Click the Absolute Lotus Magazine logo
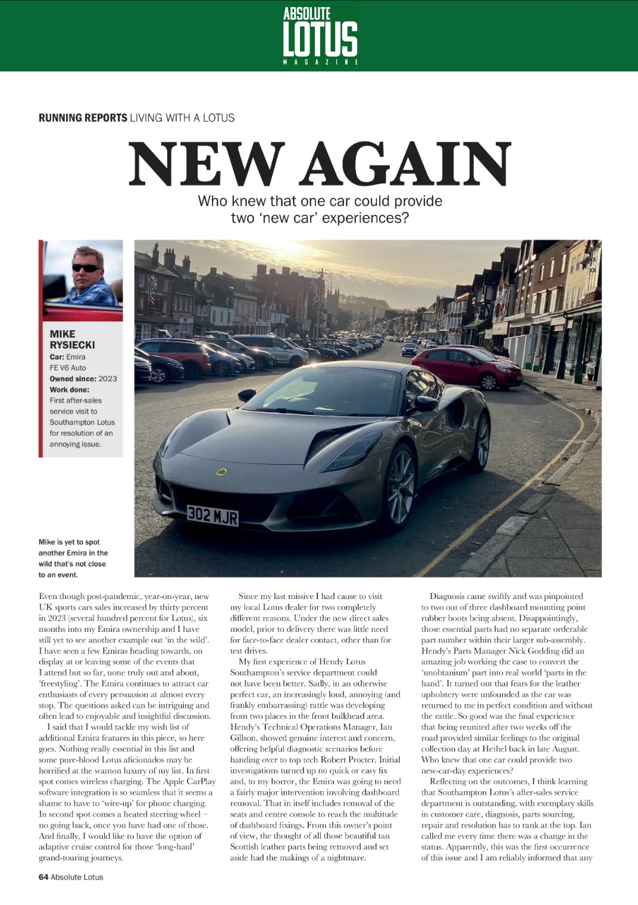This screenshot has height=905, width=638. (320, 36)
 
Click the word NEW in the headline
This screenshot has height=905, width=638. (206, 164)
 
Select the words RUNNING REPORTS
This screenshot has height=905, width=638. (83, 118)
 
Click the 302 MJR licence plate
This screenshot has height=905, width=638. (212, 515)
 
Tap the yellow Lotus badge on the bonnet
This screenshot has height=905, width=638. (221, 472)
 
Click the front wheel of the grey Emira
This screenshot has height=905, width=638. (401, 486)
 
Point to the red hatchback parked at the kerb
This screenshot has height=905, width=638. (467, 366)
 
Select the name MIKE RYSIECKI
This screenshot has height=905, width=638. (72, 339)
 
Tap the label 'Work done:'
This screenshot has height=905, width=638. (70, 389)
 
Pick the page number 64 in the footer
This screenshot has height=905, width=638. (43, 877)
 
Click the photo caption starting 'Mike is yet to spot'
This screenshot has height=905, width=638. (73, 558)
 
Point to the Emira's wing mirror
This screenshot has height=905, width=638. (426, 403)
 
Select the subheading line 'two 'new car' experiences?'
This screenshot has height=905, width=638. (320, 218)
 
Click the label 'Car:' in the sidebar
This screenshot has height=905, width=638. (57, 357)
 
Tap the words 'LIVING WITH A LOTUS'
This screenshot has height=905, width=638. (182, 118)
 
